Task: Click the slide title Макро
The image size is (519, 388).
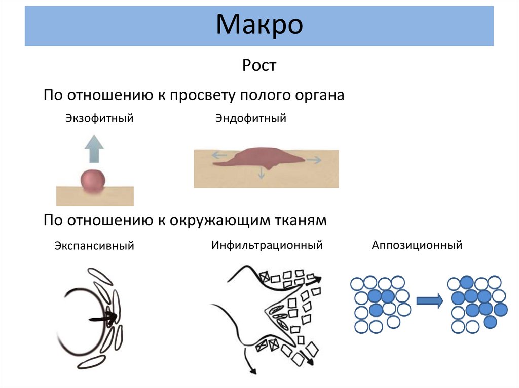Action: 259,25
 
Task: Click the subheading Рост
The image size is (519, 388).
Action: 259,66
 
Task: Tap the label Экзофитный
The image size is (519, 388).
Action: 99,119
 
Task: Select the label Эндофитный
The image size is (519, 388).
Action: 251,119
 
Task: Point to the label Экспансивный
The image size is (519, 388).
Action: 94,246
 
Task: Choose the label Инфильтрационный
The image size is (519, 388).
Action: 267,245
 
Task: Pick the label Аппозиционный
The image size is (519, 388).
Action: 417,245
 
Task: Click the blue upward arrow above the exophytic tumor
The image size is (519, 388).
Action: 94,148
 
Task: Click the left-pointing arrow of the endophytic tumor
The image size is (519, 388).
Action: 219,156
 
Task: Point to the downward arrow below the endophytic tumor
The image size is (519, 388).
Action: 262,173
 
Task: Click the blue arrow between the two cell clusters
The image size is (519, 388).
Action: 429,301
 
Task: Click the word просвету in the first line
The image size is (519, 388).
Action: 203,95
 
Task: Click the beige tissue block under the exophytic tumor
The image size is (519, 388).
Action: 95,198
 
